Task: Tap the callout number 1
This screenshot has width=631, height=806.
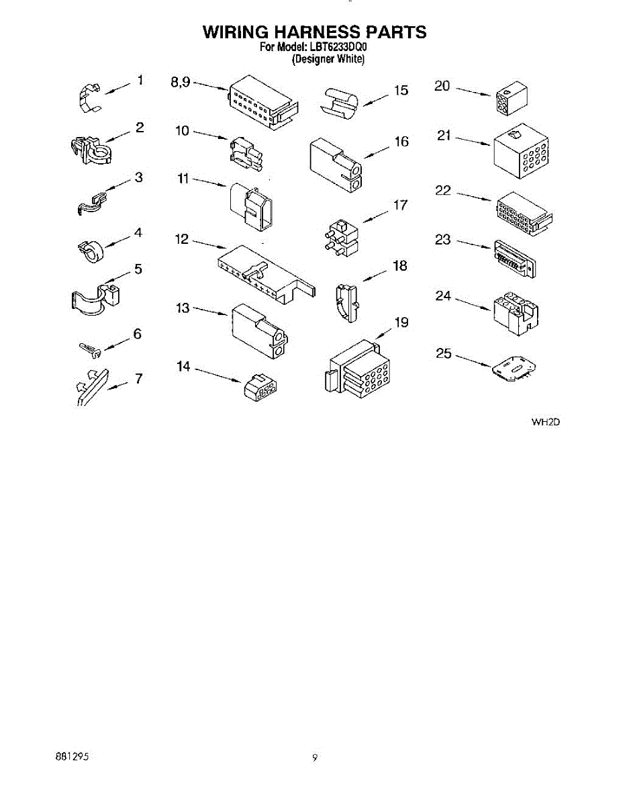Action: [140, 81]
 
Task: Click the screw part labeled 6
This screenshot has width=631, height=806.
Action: [89, 348]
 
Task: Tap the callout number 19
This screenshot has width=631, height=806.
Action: [401, 322]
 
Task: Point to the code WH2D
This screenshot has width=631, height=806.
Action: [545, 422]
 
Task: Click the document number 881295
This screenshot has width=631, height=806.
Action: [72, 757]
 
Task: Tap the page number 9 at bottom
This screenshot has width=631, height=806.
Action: [314, 758]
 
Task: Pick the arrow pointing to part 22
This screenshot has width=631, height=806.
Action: [475, 197]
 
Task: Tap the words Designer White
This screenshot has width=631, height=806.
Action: [328, 59]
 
